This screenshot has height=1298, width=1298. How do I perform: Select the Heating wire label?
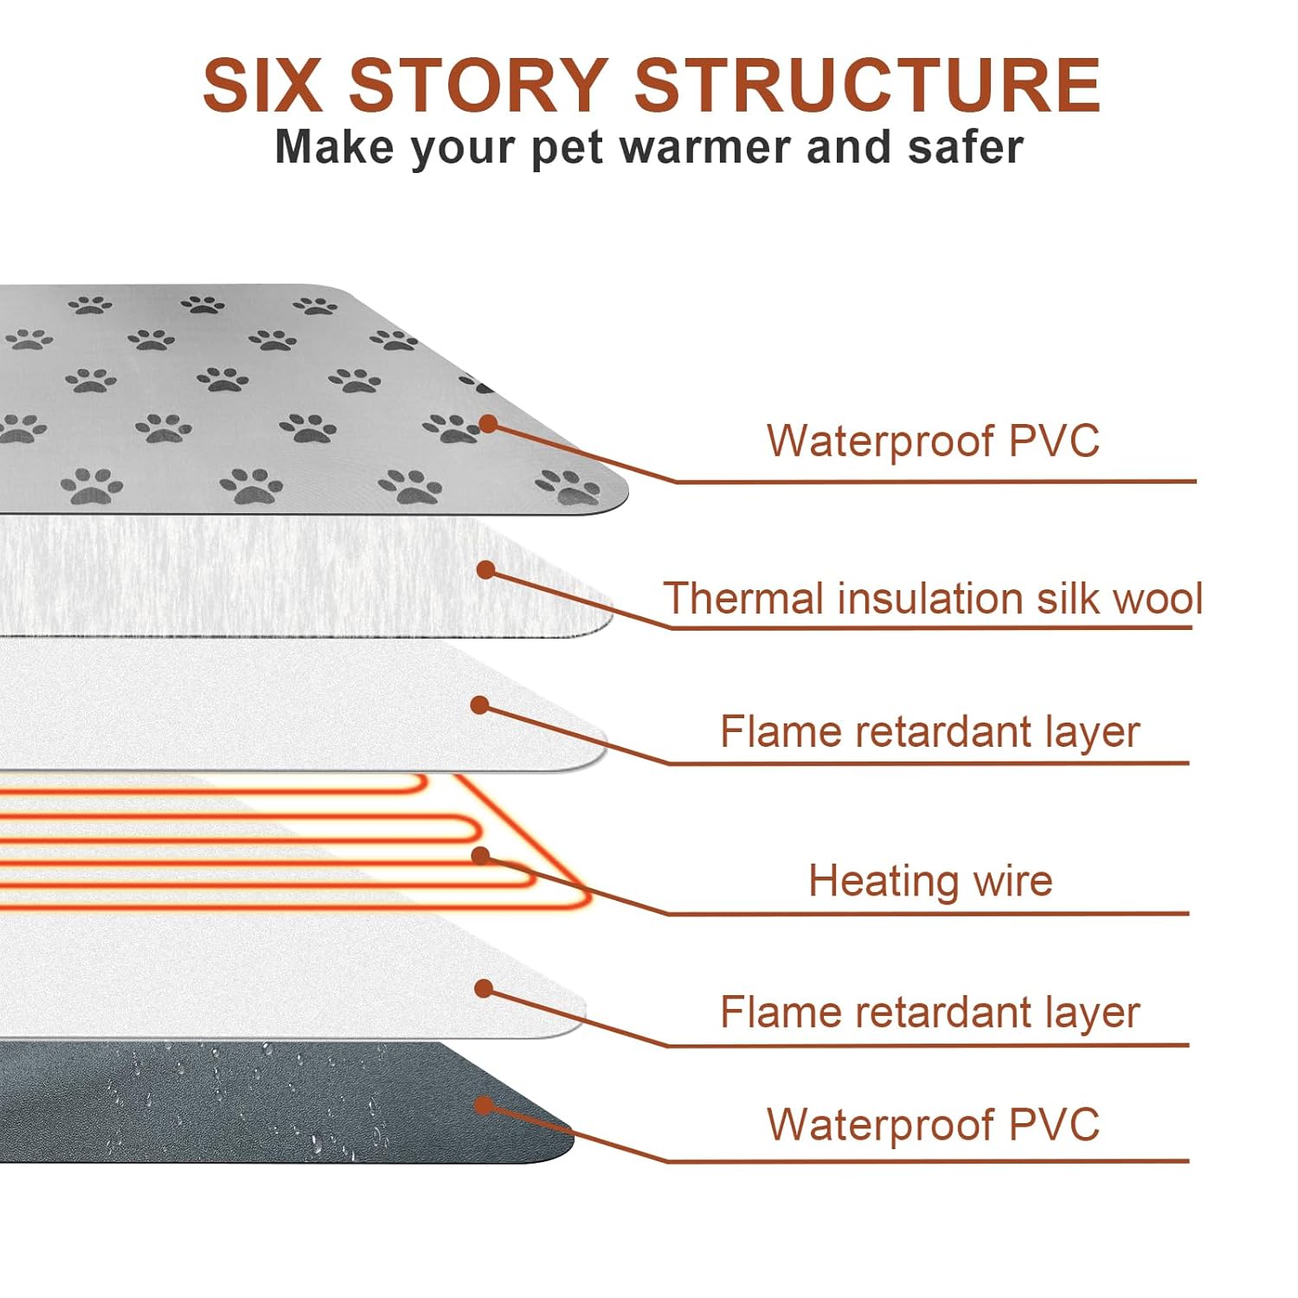point(930,881)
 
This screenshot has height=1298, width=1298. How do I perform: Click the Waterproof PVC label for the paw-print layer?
point(933,440)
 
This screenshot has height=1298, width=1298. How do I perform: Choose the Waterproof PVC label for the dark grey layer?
point(933,1124)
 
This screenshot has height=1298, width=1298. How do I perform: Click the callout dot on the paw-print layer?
point(488,424)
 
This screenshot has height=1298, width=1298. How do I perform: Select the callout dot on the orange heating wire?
point(481,856)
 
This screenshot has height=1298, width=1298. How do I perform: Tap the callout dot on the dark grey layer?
point(485,1105)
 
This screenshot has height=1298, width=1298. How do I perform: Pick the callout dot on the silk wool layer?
point(486,569)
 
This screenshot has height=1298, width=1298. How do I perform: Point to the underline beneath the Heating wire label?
point(929,913)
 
